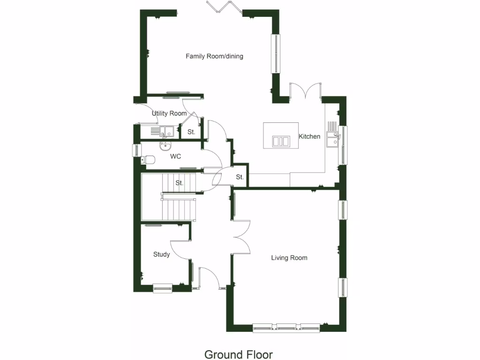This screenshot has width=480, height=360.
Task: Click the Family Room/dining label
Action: tap(214, 56)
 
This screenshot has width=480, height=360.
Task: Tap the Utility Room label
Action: tap(169, 113)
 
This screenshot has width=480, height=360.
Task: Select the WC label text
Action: tap(176, 156)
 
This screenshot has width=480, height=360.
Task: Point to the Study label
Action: tap(161, 255)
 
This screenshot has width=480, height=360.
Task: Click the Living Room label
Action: tap(289, 258)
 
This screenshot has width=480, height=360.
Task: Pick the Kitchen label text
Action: tap(310, 136)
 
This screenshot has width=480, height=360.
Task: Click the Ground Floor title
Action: tap(238, 354)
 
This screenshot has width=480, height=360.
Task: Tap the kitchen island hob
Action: tap(281, 141)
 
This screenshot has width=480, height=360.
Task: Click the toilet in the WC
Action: tap(148, 160)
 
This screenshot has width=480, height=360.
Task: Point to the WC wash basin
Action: tap(164, 147)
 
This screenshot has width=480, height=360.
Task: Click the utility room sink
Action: tap(167, 131)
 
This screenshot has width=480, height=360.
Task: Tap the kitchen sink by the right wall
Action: tap(332, 139)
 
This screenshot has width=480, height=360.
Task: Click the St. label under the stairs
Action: tap(180, 183)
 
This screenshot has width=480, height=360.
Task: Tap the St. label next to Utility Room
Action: tap(191, 132)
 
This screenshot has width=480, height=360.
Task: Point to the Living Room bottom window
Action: tap(286, 327)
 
